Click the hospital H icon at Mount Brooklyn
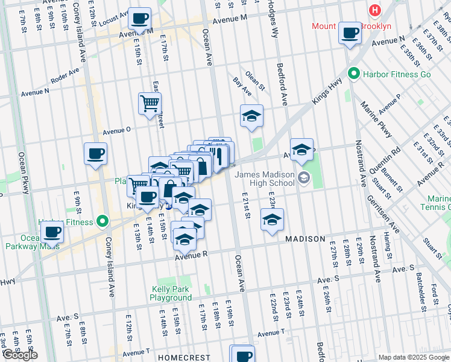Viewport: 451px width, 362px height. [375, 10]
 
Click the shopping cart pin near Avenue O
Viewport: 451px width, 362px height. [150, 103]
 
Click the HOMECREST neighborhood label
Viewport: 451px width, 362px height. [183, 358]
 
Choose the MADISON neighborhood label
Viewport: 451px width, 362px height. [305, 239]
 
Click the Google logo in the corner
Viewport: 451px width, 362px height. [19, 354]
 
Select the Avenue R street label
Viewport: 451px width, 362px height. [191, 256]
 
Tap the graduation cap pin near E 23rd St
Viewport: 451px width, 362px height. [272, 220]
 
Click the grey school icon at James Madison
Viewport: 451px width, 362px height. [303, 177]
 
